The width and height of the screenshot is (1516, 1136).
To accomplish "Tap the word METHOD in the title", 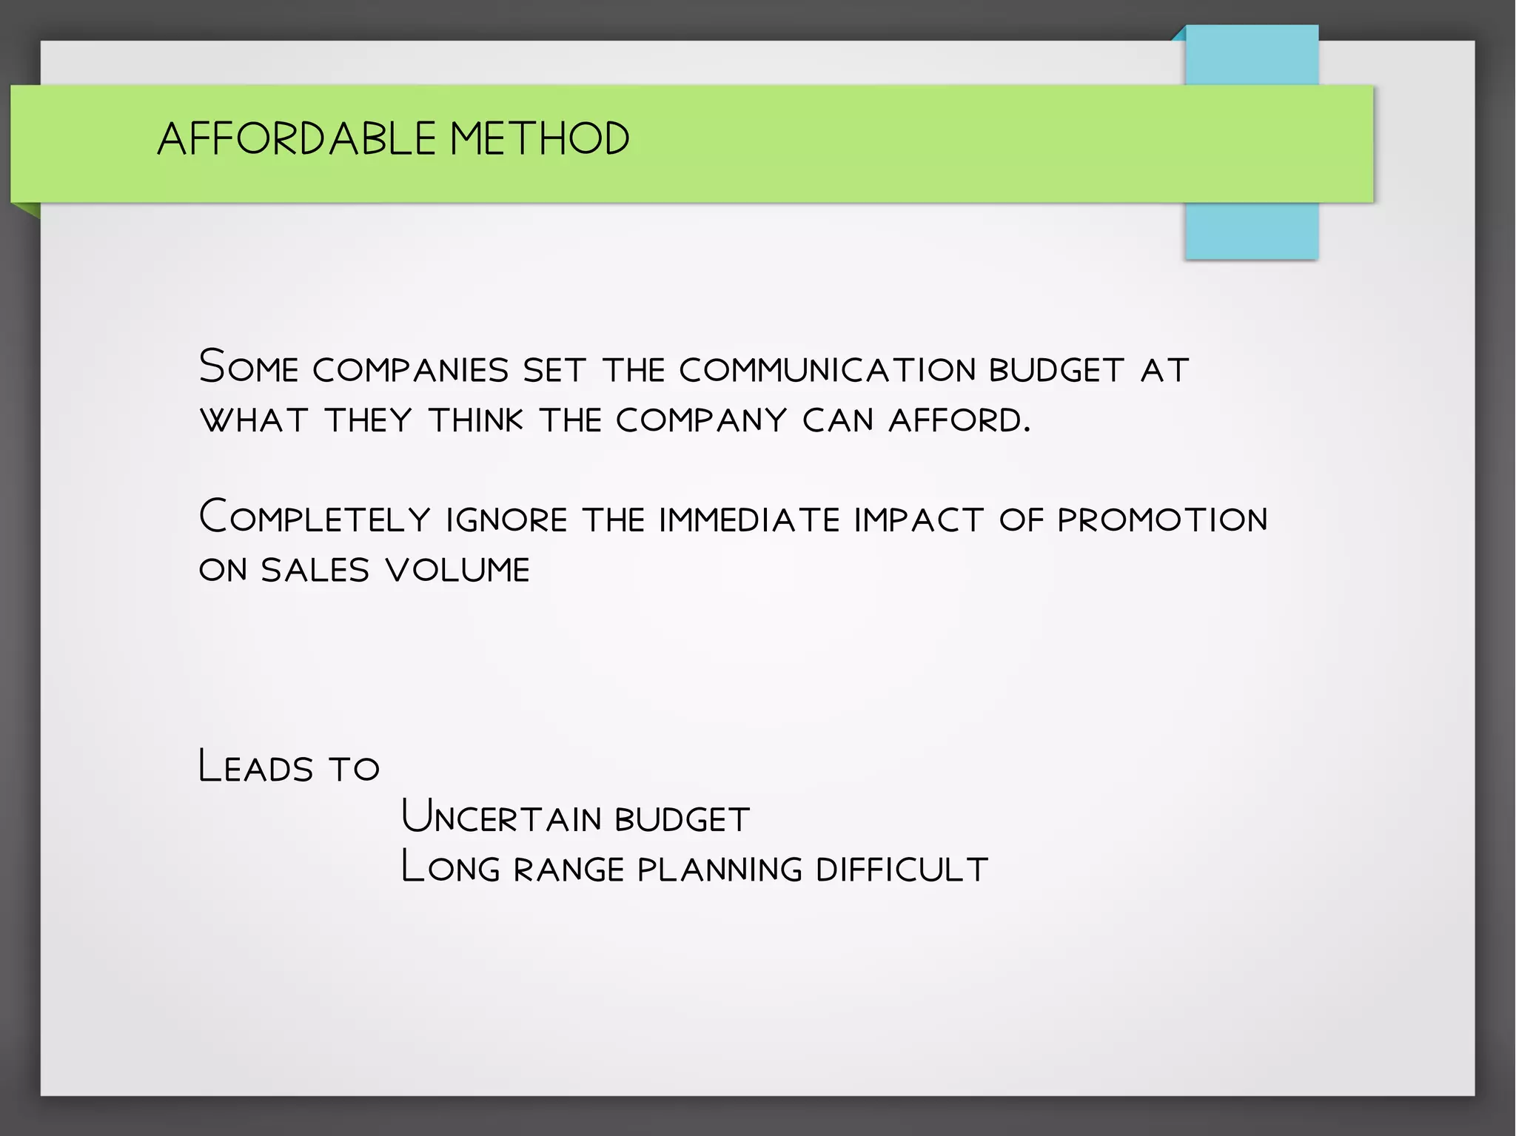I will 540,138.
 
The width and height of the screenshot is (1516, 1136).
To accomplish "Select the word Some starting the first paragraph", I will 249,367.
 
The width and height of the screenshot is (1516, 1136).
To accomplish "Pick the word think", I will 476,420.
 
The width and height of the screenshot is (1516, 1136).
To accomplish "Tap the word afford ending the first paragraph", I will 959,420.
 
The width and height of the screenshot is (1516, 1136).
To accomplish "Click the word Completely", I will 315,517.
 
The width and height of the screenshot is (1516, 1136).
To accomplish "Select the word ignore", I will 507,520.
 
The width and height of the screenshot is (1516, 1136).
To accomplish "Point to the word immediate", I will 749,520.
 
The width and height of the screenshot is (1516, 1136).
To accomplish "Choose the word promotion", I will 1162,520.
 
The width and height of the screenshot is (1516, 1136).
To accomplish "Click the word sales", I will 315,570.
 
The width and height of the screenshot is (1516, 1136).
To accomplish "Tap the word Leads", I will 256,767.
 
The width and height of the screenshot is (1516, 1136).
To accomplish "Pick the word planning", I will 720,869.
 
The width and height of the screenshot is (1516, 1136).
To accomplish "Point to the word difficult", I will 902,869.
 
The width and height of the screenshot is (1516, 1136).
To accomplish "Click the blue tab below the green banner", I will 1251,231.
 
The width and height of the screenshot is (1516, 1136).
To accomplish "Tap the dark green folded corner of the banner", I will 28,209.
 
